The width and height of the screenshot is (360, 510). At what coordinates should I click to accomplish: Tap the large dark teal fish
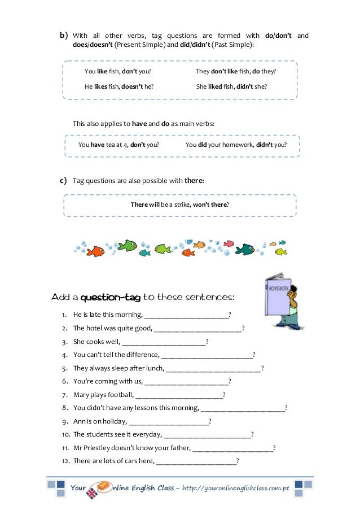click(x=245, y=249)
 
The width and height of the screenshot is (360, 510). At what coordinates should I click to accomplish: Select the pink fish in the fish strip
click(x=229, y=243)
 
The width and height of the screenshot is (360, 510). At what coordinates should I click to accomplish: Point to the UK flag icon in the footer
click(x=91, y=493)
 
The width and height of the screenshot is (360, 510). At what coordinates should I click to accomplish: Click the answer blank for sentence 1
click(x=187, y=315)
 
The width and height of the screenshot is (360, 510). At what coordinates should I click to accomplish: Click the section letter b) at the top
click(x=64, y=36)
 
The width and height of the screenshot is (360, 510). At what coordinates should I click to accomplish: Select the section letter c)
click(x=63, y=181)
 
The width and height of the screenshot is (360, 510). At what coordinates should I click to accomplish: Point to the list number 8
click(x=65, y=408)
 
